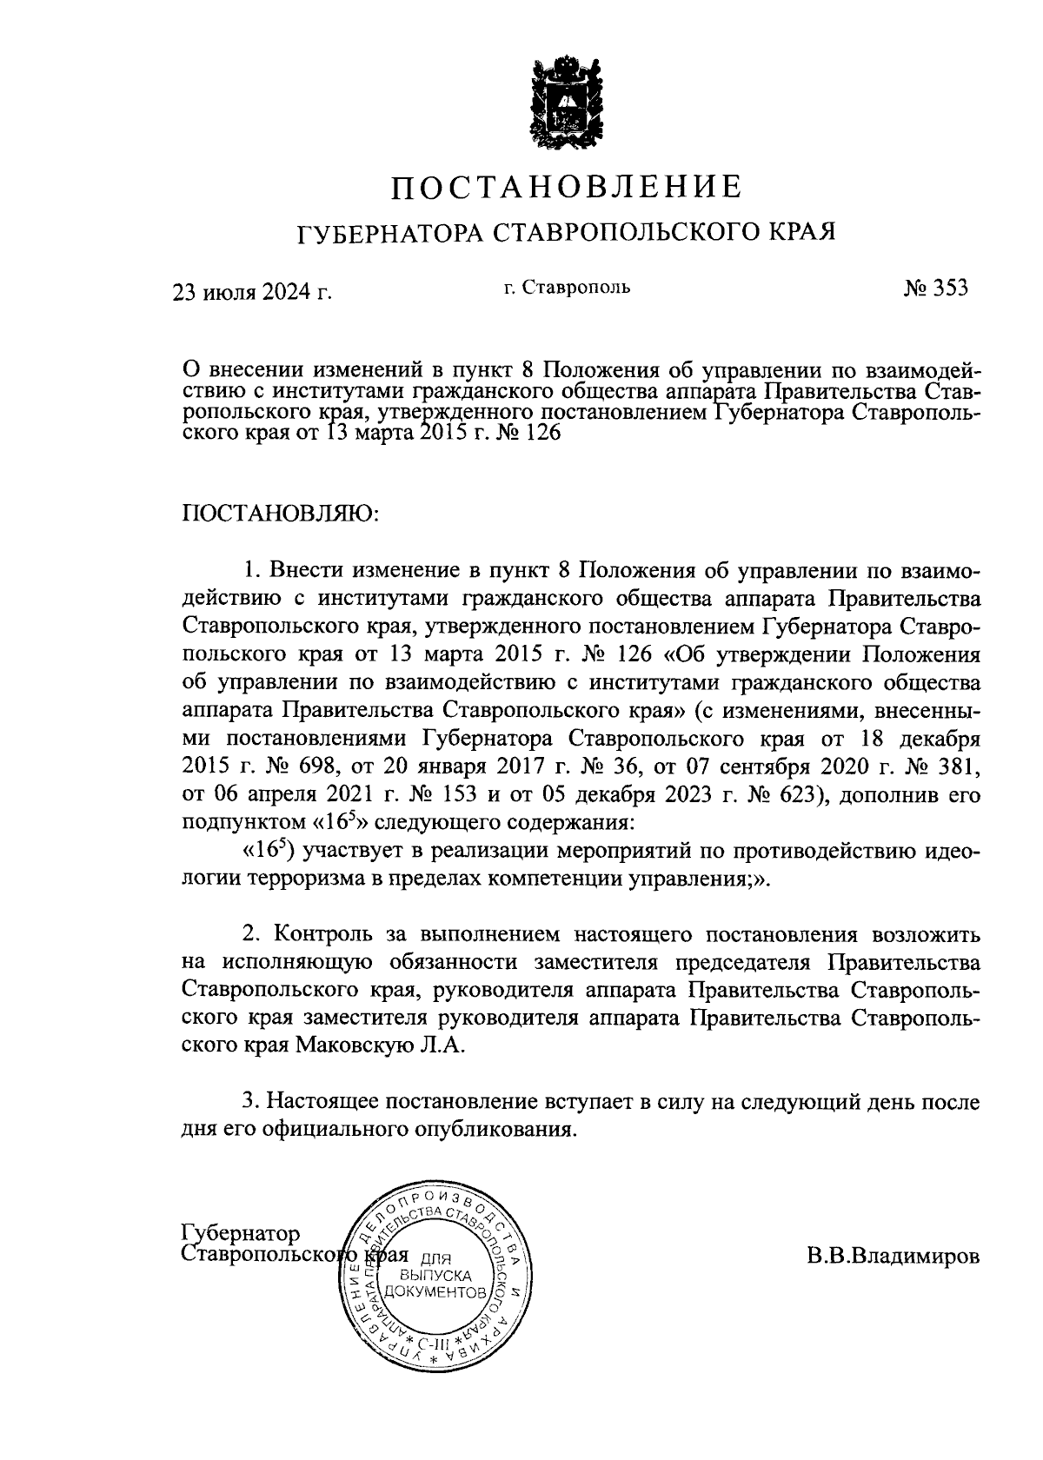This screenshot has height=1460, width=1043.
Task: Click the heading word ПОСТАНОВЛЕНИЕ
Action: tap(566, 187)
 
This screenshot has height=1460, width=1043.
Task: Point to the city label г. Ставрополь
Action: tap(566, 287)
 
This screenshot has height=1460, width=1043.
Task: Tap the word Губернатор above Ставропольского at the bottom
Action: tap(241, 1234)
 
